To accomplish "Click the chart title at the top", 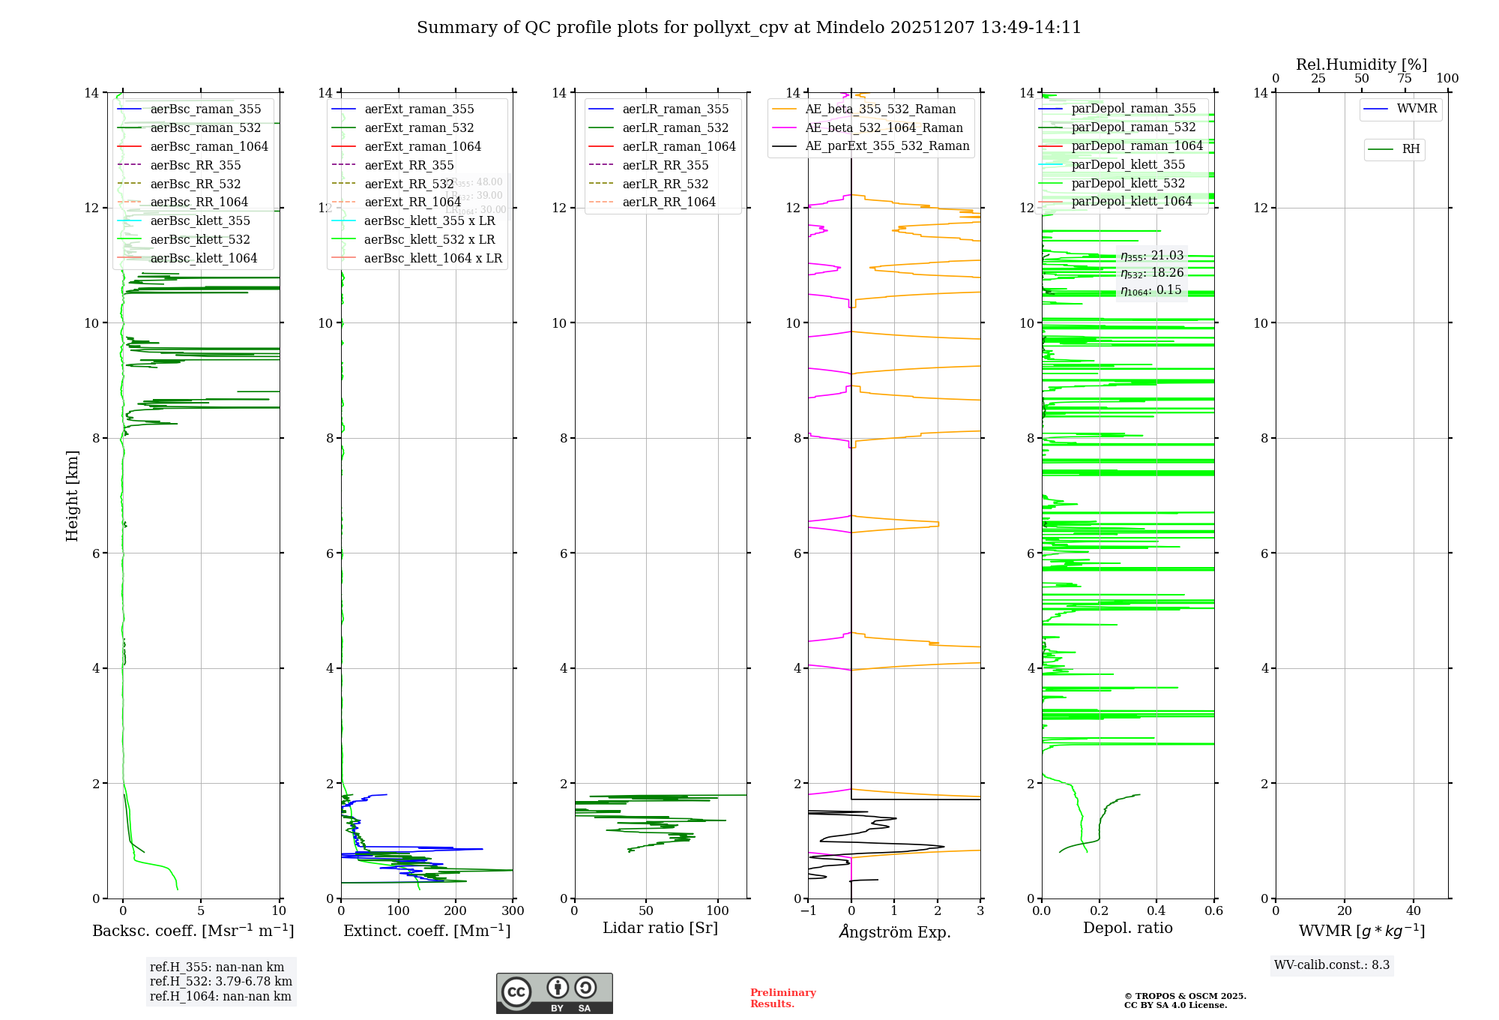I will click(x=749, y=28).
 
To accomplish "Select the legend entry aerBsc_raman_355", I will click(x=205, y=109).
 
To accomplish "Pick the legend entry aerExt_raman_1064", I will click(x=423, y=147).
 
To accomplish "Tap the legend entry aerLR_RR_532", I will click(x=665, y=184).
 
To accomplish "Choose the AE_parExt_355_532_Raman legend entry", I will click(x=887, y=146).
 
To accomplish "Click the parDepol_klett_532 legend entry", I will click(x=1128, y=184).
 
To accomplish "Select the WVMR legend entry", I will click(x=1417, y=109).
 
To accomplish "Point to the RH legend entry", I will click(x=1411, y=149).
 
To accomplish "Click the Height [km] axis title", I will click(x=72, y=495).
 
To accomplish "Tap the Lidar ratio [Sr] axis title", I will click(x=660, y=928).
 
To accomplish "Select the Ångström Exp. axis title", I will click(x=894, y=931).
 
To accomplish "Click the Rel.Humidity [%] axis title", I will click(x=1361, y=64).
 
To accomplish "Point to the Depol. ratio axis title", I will click(x=1127, y=928).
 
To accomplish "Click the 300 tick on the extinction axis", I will click(x=513, y=911).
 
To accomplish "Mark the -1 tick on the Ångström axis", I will click(x=808, y=911).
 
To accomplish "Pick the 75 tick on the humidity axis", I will click(x=1405, y=79).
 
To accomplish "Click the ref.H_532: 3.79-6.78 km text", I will click(x=221, y=982).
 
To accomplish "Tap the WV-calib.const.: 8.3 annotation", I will click(x=1332, y=965).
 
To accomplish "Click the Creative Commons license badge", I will click(x=554, y=993).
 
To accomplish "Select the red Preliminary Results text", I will click(x=782, y=998).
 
